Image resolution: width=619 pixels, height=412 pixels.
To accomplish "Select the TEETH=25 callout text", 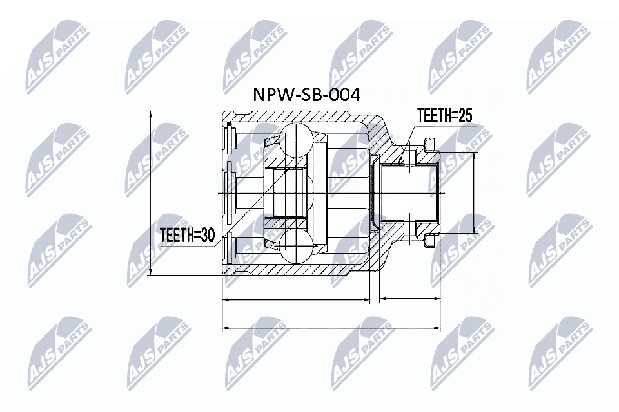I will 445,116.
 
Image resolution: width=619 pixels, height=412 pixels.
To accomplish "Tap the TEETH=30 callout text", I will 188,236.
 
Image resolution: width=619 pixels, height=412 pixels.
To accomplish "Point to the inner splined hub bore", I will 288,192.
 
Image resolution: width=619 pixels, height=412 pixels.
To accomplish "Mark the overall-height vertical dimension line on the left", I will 150,193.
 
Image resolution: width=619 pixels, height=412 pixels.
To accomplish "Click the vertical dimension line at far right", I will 475,193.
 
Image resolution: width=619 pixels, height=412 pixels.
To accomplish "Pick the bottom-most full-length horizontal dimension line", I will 331,329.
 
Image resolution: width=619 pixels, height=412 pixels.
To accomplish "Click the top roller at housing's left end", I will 230,138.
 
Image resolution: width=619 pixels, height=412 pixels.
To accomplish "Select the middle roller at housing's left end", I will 230,192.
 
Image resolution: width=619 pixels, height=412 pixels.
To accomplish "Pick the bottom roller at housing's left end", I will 230,247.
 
